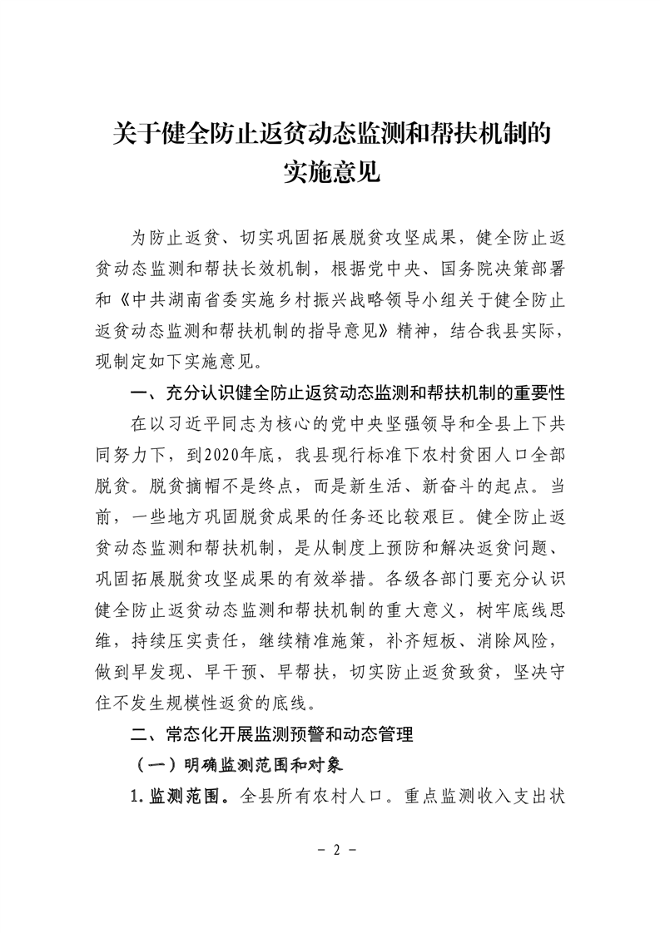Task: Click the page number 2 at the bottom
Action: [330, 852]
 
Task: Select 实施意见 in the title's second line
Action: [330, 173]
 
